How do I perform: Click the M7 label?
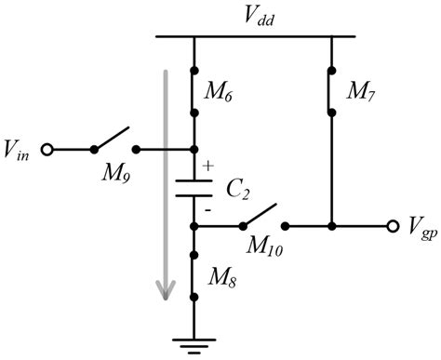[359, 90]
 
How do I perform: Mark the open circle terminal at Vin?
[47, 149]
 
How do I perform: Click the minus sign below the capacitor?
[207, 211]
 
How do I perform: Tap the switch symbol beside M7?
[331, 90]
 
